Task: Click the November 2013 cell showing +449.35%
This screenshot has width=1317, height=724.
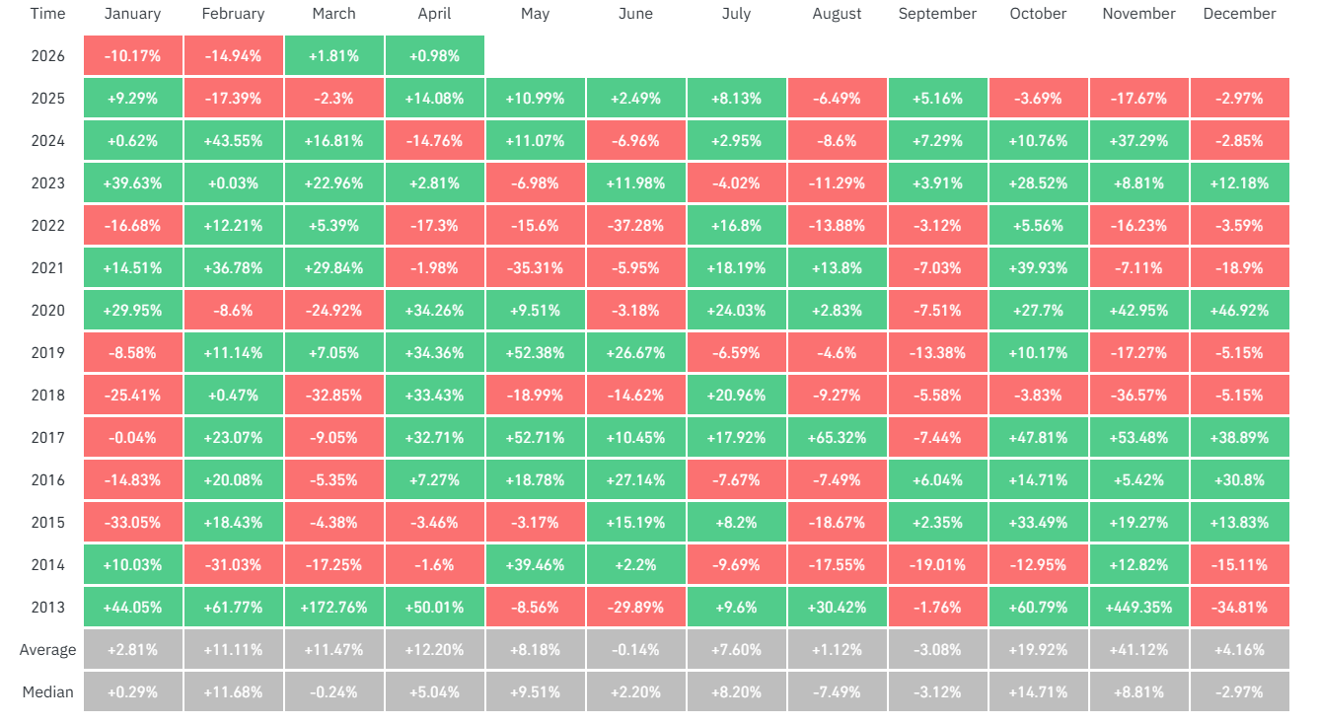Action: (1138, 608)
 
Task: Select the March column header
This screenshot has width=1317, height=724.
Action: (333, 14)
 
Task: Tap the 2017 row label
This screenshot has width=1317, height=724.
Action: (47, 438)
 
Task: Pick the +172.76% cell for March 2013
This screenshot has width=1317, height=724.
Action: (333, 608)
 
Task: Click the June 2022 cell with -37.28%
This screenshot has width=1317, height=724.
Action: (635, 226)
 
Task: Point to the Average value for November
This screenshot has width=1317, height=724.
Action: (1138, 650)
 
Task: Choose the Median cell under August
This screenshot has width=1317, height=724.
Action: (837, 692)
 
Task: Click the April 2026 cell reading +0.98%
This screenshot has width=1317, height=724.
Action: (434, 56)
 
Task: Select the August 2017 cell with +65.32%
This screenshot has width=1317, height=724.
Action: (837, 438)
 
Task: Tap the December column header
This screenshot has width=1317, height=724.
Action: (1239, 14)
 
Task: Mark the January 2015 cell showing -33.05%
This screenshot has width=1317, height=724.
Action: (132, 523)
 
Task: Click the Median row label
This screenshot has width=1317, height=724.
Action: (47, 692)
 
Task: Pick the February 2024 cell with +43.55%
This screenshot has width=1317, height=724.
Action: (233, 141)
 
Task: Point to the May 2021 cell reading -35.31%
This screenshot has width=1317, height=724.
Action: (535, 268)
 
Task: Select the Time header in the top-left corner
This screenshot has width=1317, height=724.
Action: (47, 14)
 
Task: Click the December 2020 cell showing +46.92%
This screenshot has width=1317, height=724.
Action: (1239, 311)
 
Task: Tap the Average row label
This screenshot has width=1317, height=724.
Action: (47, 650)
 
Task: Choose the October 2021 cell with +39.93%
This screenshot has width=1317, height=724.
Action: (1038, 268)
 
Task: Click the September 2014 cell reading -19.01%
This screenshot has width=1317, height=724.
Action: (937, 565)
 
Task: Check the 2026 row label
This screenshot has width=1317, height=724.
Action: (47, 56)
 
